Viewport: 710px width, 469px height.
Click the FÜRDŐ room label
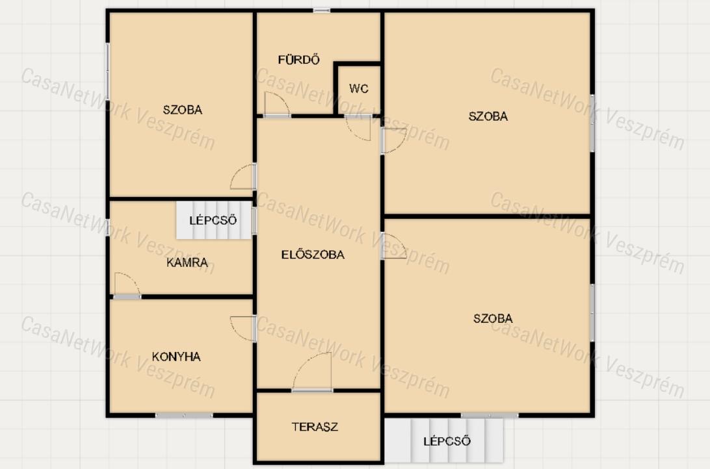299,59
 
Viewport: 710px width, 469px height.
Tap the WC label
359,88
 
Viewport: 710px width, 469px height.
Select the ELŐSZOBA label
313,255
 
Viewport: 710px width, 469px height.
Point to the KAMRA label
187,262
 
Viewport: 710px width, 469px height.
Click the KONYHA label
176,357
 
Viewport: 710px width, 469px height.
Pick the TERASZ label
315,427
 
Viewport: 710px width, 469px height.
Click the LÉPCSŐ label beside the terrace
447,441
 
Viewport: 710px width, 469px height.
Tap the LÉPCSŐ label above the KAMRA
213,220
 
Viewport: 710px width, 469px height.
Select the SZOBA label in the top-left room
183,109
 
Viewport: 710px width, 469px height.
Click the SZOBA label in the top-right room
488,116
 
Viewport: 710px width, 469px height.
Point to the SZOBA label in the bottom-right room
493,318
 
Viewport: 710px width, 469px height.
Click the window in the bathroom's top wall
321,10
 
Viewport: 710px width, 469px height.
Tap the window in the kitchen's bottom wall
184,414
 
